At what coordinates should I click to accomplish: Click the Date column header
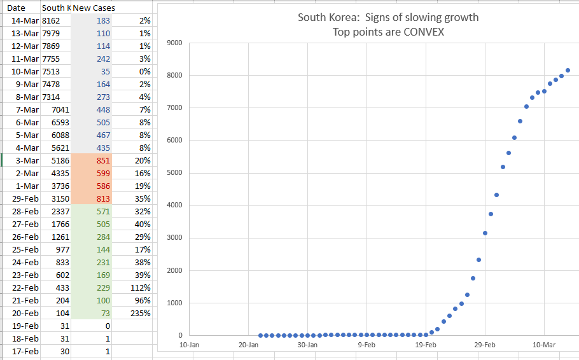point(16,8)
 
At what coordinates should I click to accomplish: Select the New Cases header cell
point(94,8)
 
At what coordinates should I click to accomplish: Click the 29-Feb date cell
point(25,198)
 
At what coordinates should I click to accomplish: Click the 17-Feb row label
point(25,351)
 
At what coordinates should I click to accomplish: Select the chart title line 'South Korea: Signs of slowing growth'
point(388,17)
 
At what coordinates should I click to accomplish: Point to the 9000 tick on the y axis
point(174,43)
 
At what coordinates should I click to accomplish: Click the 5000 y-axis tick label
point(174,172)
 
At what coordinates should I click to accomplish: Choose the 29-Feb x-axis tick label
point(485,344)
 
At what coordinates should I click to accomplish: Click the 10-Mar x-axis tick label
point(545,344)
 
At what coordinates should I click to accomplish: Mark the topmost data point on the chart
point(568,70)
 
